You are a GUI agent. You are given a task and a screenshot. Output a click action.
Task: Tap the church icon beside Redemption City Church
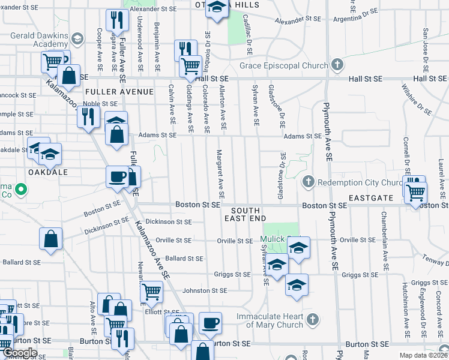309,182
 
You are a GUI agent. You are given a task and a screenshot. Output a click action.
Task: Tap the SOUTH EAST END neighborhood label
246,215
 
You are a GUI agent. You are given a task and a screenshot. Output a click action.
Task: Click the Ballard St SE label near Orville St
184,259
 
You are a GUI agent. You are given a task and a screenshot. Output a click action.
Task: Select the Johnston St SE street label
205,290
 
